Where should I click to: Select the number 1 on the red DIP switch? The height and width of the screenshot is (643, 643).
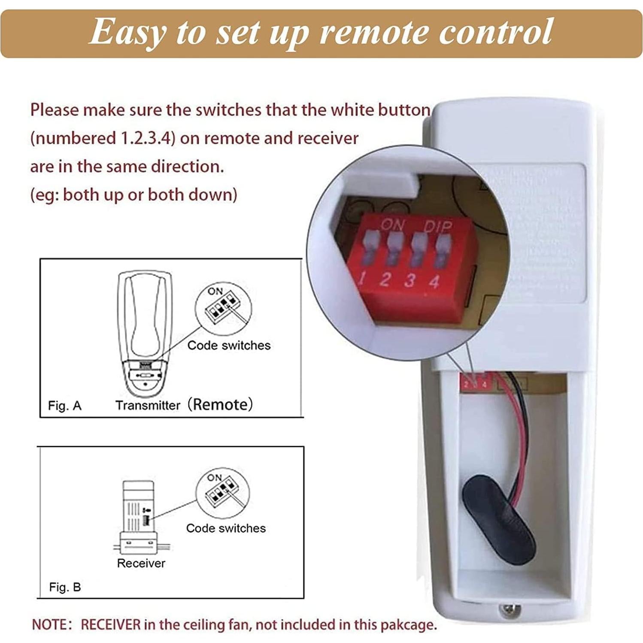point(362,279)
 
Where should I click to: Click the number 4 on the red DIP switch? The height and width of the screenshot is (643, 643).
point(434,282)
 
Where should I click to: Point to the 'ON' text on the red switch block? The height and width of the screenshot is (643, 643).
point(391,224)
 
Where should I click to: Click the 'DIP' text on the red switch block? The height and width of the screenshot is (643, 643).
point(438,226)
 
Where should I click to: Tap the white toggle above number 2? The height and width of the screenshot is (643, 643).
point(392,249)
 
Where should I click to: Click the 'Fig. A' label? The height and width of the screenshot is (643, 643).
point(64,406)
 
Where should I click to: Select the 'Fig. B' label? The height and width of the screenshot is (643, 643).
point(65,587)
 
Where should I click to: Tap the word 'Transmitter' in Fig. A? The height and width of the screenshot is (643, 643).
point(148,405)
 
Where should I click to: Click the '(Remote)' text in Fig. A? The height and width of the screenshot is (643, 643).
point(220,404)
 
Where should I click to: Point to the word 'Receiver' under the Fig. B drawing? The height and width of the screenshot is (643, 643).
point(141,563)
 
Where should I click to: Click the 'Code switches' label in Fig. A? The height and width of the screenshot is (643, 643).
point(229,345)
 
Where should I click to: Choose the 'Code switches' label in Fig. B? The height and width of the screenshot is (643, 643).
point(226,528)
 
